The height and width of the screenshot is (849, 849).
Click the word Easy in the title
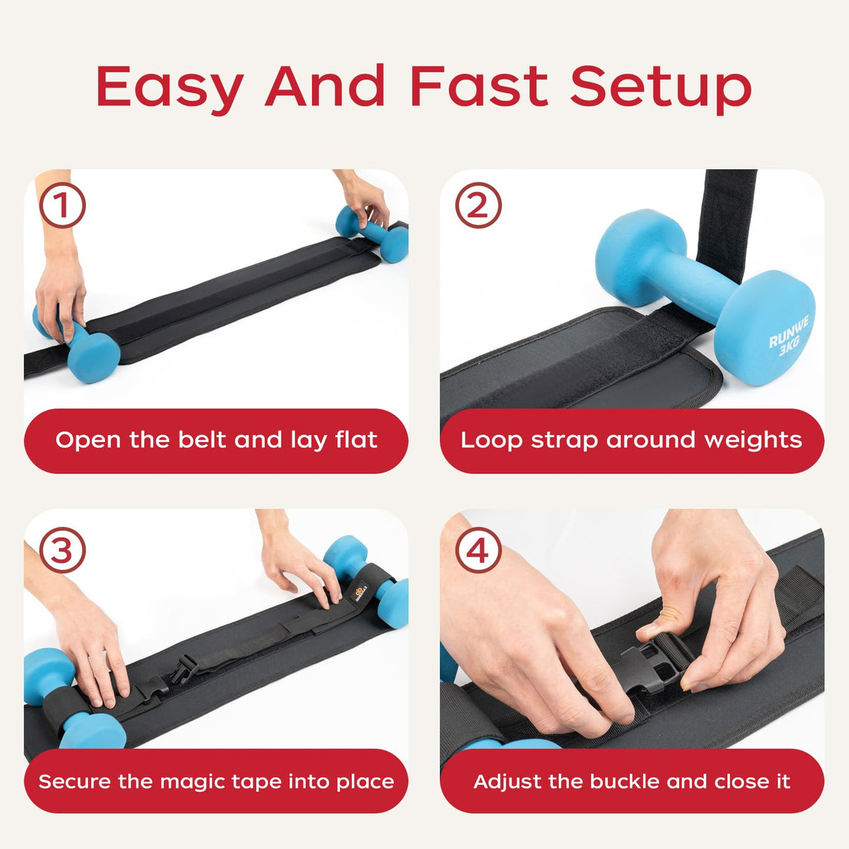coord(170,87)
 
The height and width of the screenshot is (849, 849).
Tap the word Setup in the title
coord(660,87)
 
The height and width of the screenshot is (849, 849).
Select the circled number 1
coord(62,206)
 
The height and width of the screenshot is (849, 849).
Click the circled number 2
coord(478,206)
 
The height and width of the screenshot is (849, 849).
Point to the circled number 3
coord(62,550)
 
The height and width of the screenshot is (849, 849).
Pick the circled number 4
coord(478,550)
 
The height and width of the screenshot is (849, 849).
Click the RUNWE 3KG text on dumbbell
coord(789,336)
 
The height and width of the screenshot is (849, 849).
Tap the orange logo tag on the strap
coord(362,592)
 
